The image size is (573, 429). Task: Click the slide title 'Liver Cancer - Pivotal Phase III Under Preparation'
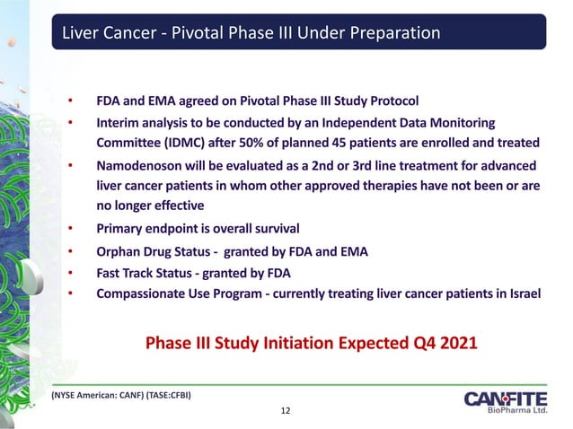tap(250, 34)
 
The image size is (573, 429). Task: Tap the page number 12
tap(286, 411)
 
